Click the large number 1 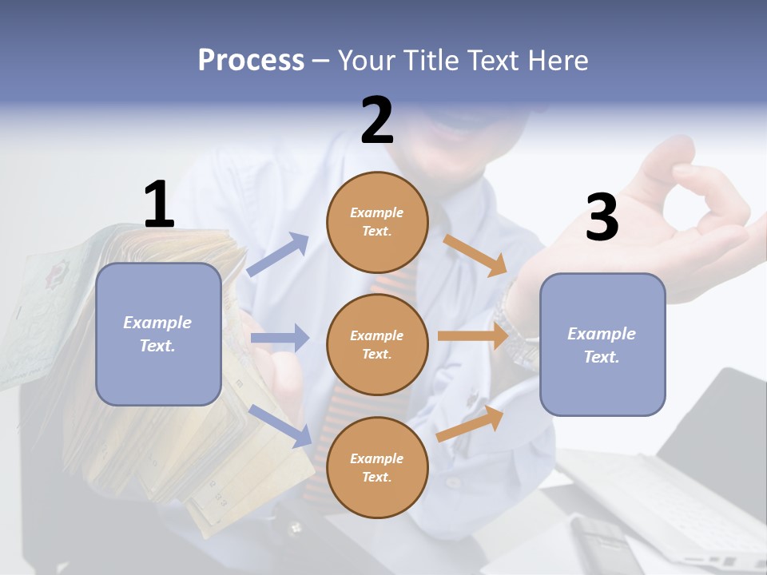159,204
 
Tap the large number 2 377,121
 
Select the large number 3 602,217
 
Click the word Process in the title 251,60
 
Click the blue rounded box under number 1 158,334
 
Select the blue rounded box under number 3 602,344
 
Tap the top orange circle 377,222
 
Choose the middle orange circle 377,344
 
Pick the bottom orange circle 377,467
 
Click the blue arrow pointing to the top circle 279,254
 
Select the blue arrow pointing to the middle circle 280,338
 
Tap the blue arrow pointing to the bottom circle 280,425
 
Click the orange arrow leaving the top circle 476,255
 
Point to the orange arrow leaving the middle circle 473,336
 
